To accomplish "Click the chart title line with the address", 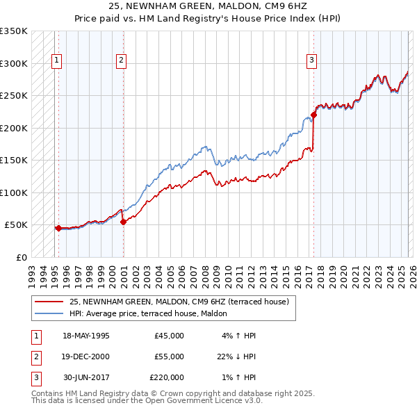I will pos(208,6).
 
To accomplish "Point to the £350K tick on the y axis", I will pos(14,31).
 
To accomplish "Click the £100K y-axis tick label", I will pos(14,192).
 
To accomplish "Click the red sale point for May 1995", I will pos(58,228).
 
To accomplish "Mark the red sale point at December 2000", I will pos(123,222).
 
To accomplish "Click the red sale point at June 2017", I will pos(313,115).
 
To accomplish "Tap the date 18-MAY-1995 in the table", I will pos(86,336).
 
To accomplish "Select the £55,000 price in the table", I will pos(169,356).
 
